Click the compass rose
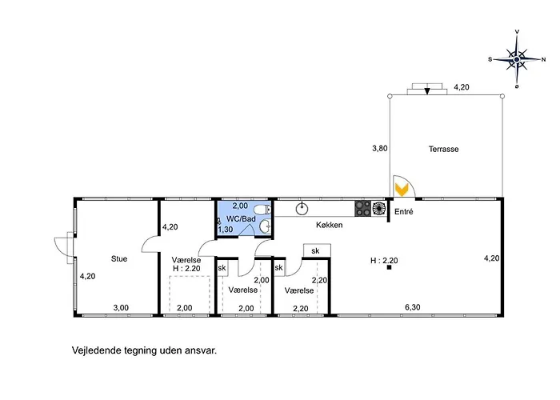click(x=517, y=58)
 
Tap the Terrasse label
click(x=443, y=149)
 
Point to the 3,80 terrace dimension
click(x=379, y=148)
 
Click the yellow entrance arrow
click(x=402, y=189)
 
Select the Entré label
click(x=404, y=211)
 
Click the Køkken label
click(x=329, y=226)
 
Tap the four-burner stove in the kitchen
click(x=370, y=209)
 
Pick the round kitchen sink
click(x=302, y=209)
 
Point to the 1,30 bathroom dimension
click(x=226, y=230)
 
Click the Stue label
click(x=119, y=258)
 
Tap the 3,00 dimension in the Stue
click(x=120, y=308)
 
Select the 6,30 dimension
click(x=412, y=308)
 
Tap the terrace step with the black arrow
click(x=427, y=90)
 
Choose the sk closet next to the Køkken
click(x=315, y=250)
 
